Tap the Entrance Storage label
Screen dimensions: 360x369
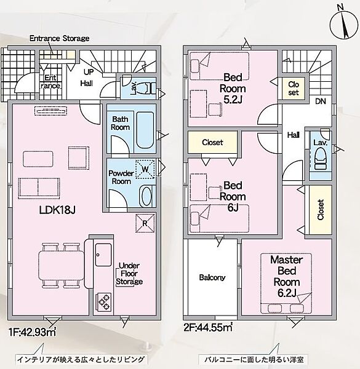(x=59, y=38)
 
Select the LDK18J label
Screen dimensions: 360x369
(x=57, y=210)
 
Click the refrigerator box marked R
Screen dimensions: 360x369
(x=145, y=223)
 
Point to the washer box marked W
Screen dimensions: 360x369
(x=145, y=169)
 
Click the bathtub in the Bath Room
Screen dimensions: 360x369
(x=145, y=130)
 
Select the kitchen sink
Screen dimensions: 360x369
(x=103, y=255)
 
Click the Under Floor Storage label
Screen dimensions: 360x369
(x=129, y=274)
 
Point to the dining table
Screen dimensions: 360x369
(x=62, y=265)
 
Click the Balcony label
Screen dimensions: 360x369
(x=212, y=277)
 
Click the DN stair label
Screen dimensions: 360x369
(x=321, y=101)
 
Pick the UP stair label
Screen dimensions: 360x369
(x=89, y=72)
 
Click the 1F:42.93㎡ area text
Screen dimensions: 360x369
(x=33, y=332)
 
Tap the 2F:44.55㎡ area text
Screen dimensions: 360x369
(x=208, y=327)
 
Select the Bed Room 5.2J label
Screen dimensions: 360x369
(x=233, y=89)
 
